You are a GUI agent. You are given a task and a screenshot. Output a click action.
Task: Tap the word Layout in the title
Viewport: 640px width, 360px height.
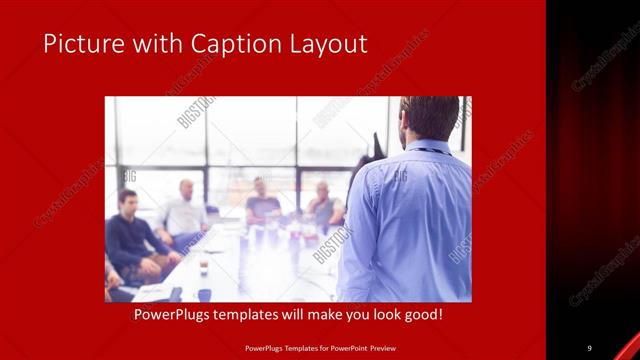click(331, 44)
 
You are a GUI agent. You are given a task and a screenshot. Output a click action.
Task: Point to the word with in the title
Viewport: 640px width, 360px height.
click(155, 44)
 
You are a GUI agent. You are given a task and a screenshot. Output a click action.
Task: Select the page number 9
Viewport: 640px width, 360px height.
click(589, 347)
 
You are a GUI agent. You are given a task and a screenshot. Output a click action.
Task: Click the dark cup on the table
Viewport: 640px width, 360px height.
click(203, 268)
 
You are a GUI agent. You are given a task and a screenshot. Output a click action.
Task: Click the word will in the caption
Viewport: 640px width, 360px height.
click(301, 315)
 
